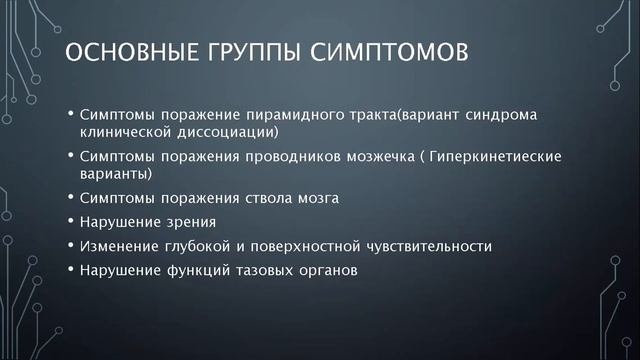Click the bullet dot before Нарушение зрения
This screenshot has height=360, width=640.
click(71, 221)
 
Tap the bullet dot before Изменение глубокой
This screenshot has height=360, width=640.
click(71, 246)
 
